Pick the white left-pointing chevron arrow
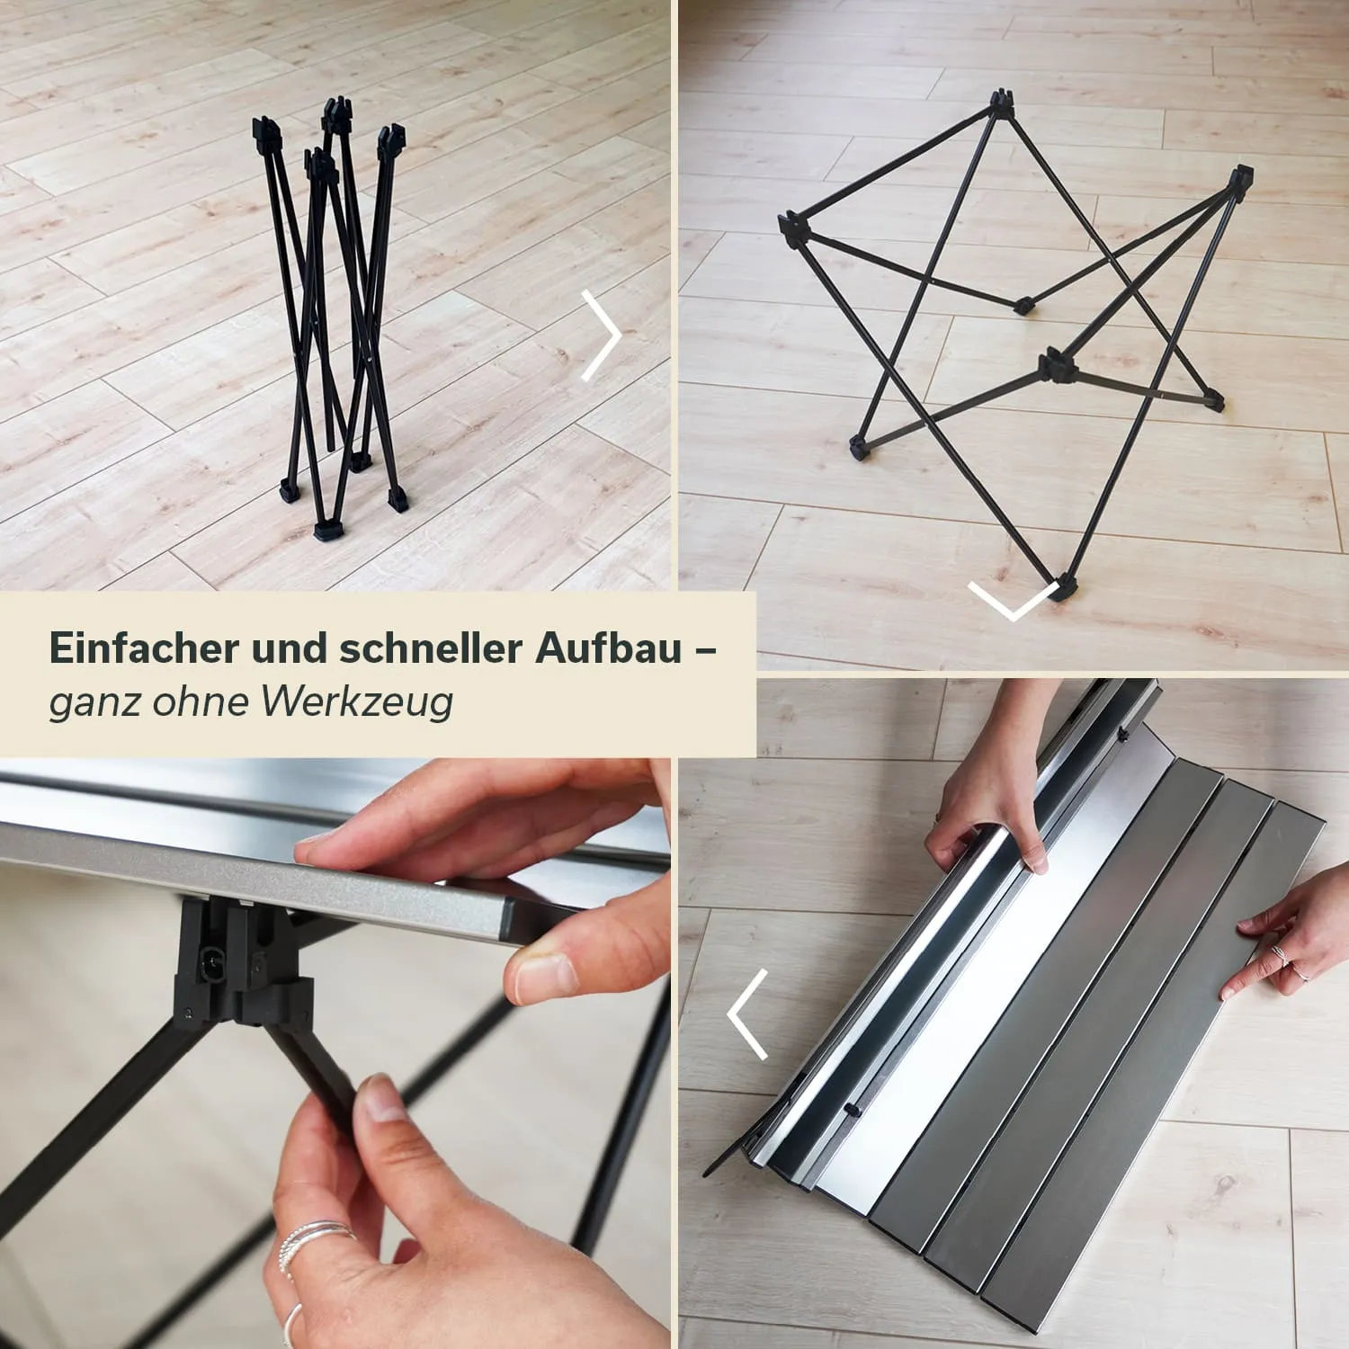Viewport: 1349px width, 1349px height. [x=746, y=1014]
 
